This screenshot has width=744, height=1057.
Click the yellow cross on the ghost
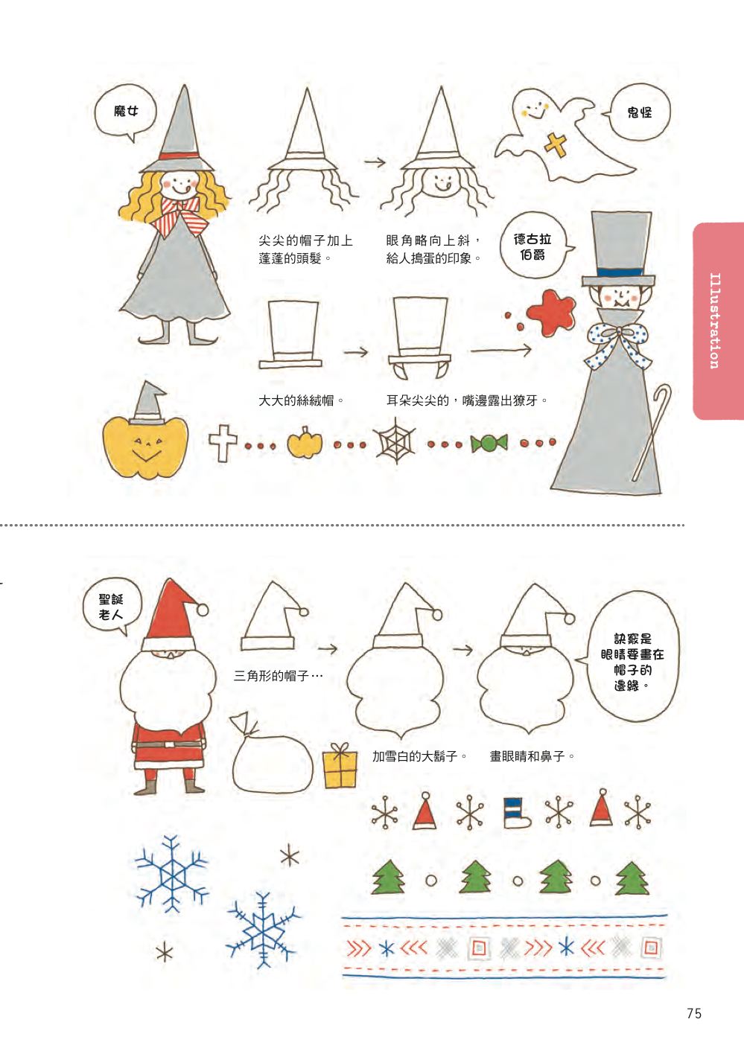pyautogui.click(x=555, y=145)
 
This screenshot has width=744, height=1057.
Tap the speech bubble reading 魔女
pyautogui.click(x=124, y=112)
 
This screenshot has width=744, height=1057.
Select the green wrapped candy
pyautogui.click(x=489, y=444)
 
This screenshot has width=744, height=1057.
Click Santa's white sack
pyautogui.click(x=270, y=756)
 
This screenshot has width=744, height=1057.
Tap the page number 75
pyautogui.click(x=694, y=1013)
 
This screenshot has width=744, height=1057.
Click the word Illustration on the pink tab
pyautogui.click(x=715, y=321)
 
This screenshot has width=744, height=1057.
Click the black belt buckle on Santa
pyautogui.click(x=168, y=744)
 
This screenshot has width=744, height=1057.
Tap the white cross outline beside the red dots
pyautogui.click(x=223, y=443)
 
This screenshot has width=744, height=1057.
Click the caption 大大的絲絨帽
pyautogui.click(x=296, y=401)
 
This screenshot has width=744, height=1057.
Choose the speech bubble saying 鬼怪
pyautogui.click(x=639, y=112)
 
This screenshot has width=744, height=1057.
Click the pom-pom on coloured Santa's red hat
pyautogui.click(x=202, y=610)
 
